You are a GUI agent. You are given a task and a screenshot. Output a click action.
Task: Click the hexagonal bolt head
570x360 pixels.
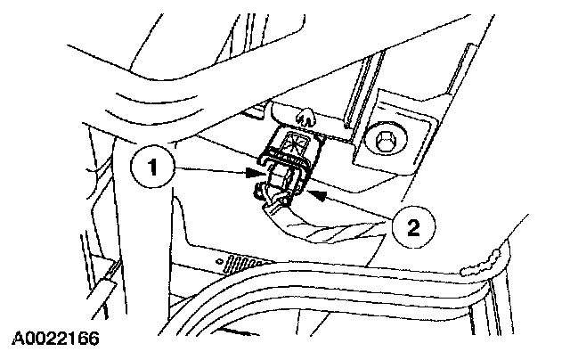tap(384, 140)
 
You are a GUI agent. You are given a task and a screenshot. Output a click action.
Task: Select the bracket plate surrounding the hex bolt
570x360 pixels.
tap(405, 125)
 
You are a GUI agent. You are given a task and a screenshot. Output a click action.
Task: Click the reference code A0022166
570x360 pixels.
tap(55, 340)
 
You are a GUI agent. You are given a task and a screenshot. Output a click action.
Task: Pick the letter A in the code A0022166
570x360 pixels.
tap(17, 340)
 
